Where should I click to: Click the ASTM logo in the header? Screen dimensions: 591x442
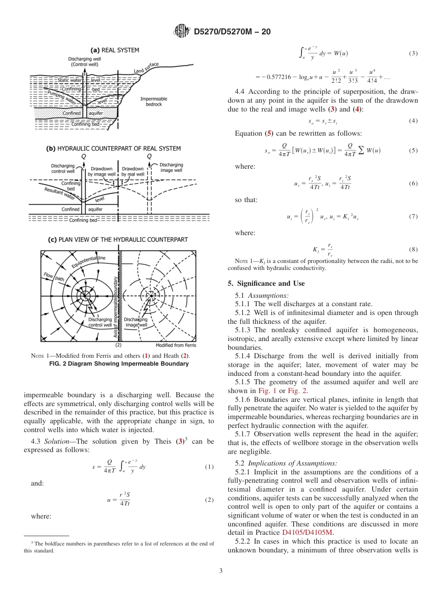tap(181, 32)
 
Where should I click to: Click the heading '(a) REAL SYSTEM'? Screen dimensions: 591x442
tap(114, 50)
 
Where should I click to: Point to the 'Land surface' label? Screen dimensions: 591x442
tap(146, 67)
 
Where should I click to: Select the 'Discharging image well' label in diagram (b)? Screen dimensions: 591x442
tap(171, 168)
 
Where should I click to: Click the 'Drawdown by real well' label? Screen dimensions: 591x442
tap(133, 171)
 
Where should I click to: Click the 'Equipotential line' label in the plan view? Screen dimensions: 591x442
tap(89, 262)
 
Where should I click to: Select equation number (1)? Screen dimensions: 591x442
tap(209, 467)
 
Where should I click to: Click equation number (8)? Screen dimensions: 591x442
tap(413, 250)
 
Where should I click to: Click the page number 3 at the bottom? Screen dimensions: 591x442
tap(221, 571)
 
